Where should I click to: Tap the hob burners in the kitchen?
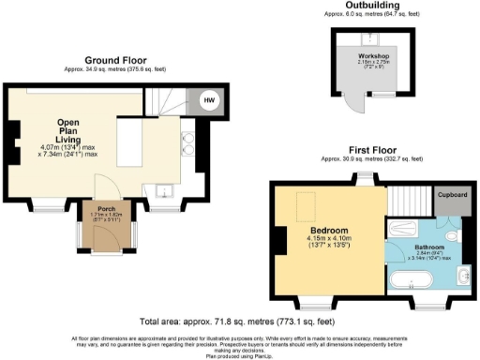187,141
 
